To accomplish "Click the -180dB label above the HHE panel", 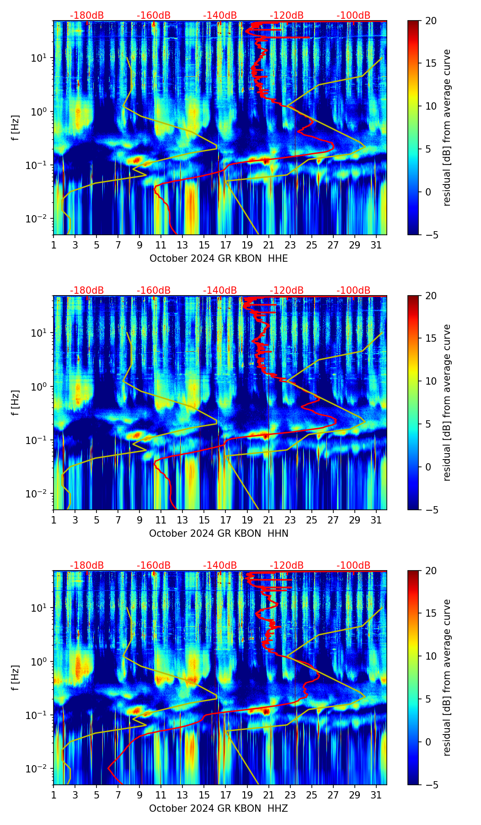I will pyautogui.click(x=87, y=16).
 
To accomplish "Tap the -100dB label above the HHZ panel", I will pyautogui.click(x=353, y=566).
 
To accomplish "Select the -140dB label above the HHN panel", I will pyautogui.click(x=220, y=291).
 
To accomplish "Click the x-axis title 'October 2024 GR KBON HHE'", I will pyautogui.click(x=219, y=259).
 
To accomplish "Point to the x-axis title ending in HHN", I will pyautogui.click(x=219, y=534).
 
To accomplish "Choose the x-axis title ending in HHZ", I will pyautogui.click(x=219, y=809).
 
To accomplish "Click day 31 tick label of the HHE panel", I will pyautogui.click(x=376, y=245).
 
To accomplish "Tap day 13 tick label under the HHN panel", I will pyautogui.click(x=182, y=520).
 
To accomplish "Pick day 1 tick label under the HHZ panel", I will pyautogui.click(x=54, y=795).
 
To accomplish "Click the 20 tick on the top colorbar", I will pyautogui.click(x=431, y=21).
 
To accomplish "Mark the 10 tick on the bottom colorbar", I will pyautogui.click(x=431, y=656).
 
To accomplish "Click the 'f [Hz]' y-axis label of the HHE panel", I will pyautogui.click(x=16, y=128).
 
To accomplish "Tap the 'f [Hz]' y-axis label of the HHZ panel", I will pyautogui.click(x=16, y=678).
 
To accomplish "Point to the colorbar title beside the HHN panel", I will pyautogui.click(x=447, y=402).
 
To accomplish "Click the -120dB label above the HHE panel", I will pyautogui.click(x=287, y=16).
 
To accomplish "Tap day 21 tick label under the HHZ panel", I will pyautogui.click(x=268, y=795).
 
